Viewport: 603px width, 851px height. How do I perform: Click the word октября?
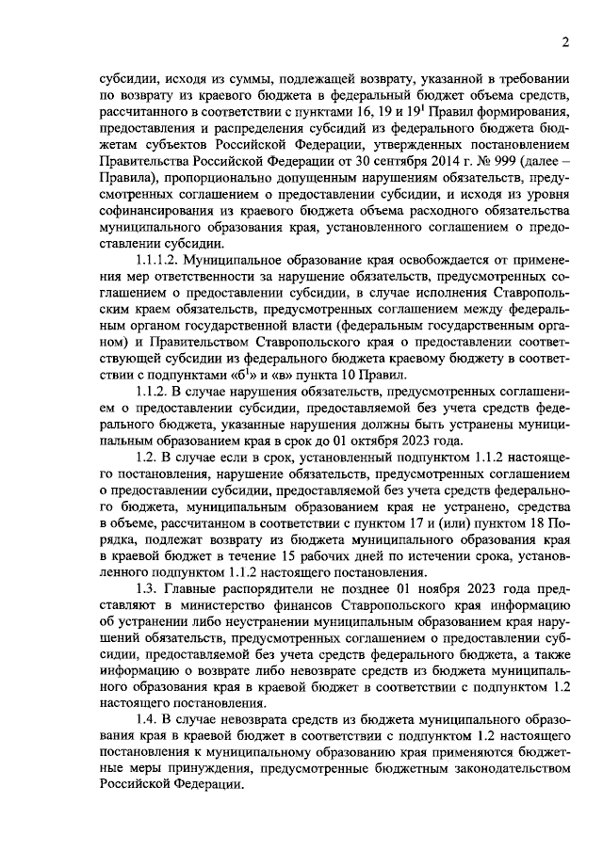(367, 440)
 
